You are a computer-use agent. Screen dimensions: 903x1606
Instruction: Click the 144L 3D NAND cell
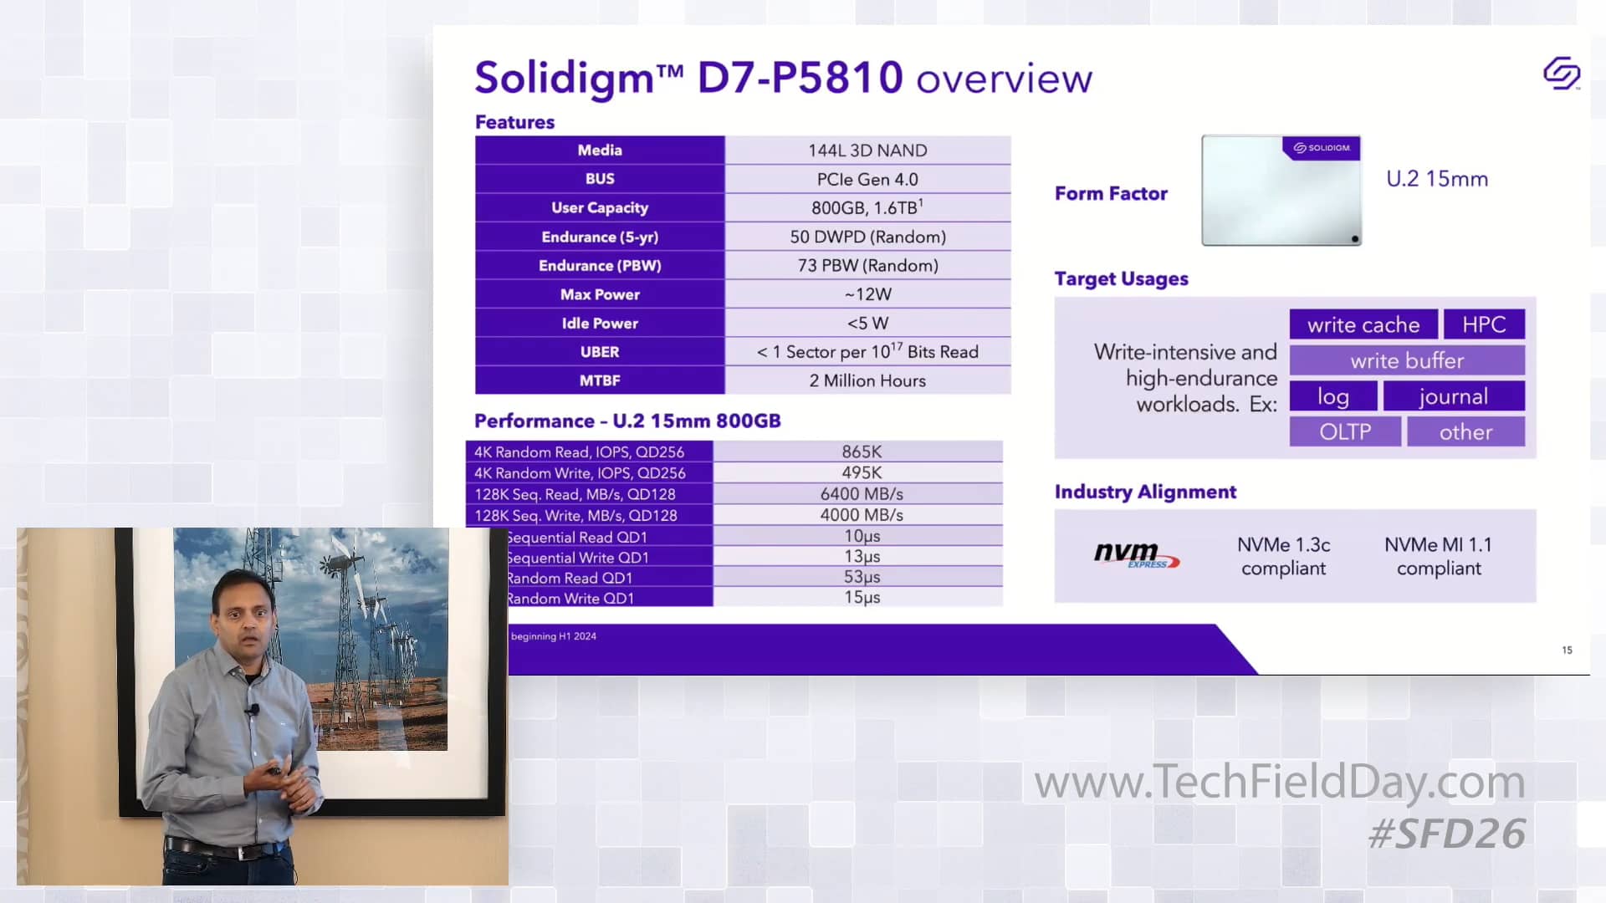tap(867, 150)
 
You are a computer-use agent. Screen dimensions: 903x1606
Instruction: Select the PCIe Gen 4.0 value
tap(867, 179)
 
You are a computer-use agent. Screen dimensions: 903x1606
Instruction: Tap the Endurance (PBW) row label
tap(600, 266)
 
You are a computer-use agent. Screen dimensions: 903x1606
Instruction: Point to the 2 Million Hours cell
tap(867, 381)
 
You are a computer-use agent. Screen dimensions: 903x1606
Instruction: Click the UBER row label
tap(600, 352)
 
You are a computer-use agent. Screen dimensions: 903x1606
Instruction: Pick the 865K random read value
tap(862, 451)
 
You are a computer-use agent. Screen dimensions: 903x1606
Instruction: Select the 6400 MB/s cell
tap(862, 494)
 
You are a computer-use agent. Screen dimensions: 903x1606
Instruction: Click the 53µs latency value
tap(862, 577)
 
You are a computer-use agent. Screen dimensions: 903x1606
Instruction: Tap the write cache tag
tap(1363, 324)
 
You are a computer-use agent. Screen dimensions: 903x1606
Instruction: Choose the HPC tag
tap(1484, 324)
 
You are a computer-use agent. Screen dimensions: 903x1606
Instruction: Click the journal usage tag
tap(1453, 396)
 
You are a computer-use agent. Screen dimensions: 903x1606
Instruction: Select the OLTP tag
tap(1345, 432)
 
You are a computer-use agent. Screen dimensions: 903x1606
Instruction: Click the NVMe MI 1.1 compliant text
tap(1439, 556)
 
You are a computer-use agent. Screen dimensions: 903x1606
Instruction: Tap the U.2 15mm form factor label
tap(1437, 179)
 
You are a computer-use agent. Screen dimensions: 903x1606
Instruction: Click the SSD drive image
tap(1281, 191)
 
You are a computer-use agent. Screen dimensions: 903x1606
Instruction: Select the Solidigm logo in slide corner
tap(1561, 74)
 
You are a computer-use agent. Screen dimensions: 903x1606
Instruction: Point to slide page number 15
tap(1567, 650)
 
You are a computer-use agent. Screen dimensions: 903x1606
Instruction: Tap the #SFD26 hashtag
tap(1447, 834)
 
